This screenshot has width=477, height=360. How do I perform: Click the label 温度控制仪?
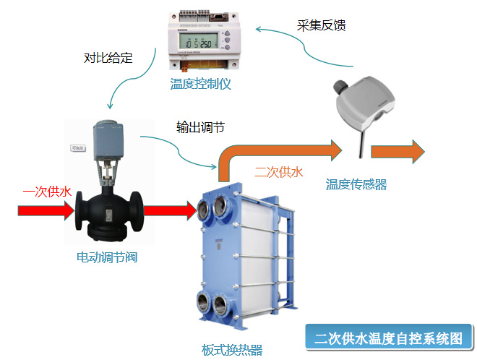(x=200, y=84)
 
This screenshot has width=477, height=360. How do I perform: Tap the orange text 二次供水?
(x=278, y=172)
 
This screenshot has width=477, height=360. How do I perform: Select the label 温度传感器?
(x=356, y=184)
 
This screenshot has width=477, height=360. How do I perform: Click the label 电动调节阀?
(x=107, y=257)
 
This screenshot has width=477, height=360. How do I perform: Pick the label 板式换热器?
(x=231, y=351)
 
